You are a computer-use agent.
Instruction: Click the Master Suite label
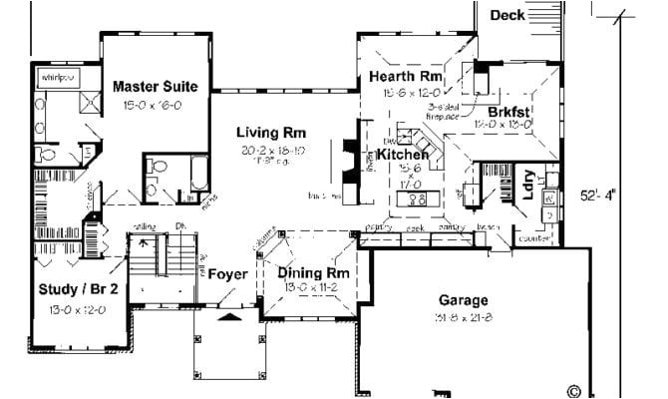pos(155,87)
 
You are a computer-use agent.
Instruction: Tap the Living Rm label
pos(270,133)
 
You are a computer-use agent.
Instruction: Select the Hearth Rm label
pos(405,76)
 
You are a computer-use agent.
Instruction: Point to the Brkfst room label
pos(509,112)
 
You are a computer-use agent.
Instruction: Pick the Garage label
pos(464,300)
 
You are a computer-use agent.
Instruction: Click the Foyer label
pos(227,272)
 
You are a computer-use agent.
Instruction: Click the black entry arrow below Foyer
pos(230,317)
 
